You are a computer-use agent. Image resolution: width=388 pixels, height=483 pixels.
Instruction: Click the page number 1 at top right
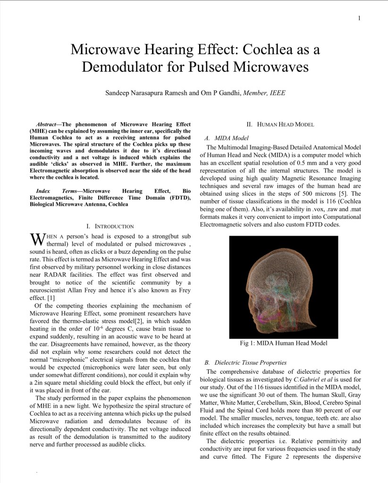[x=359, y=18]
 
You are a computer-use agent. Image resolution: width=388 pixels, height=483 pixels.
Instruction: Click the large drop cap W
[x=37, y=239]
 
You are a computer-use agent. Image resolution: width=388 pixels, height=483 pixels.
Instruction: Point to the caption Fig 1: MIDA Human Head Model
[x=283, y=343]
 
